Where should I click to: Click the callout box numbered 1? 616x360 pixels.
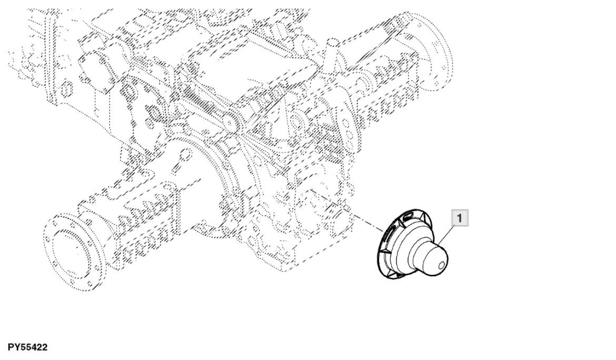tap(460, 217)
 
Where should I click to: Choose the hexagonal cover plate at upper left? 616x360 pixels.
tap(95, 68)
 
